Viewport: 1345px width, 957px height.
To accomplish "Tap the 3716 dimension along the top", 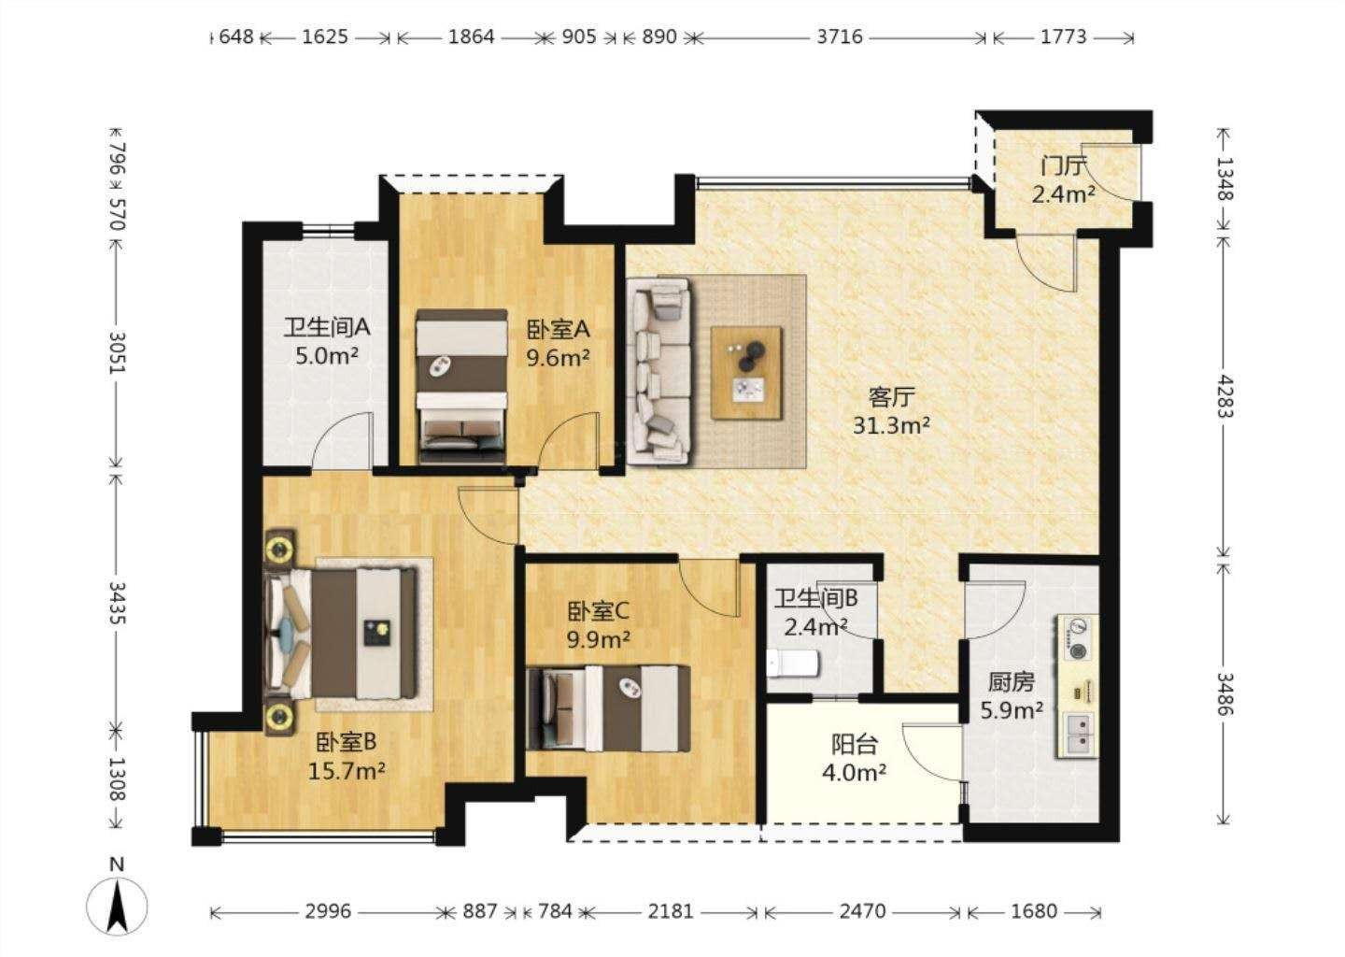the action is click(840, 37).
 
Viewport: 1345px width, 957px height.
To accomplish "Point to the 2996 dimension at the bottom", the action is click(327, 912).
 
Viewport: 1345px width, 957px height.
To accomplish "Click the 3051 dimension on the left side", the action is click(117, 352).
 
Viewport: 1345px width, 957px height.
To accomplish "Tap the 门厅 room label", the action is click(1063, 166).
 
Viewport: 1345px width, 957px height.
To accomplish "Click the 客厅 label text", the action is click(891, 397).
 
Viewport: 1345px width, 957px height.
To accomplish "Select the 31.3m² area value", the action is click(891, 426).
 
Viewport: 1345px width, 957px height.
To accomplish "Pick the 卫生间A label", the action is click(327, 327).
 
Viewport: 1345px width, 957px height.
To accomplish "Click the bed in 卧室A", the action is click(461, 386).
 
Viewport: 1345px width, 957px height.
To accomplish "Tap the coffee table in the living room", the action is click(747, 373).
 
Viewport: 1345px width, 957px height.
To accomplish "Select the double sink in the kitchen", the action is click(1079, 736).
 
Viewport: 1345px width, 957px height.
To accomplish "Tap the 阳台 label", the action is click(855, 744).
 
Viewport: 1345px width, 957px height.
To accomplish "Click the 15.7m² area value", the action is click(347, 771).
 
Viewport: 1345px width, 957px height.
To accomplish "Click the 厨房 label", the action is click(1012, 682).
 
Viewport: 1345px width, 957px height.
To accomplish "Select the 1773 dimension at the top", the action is click(1063, 37).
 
